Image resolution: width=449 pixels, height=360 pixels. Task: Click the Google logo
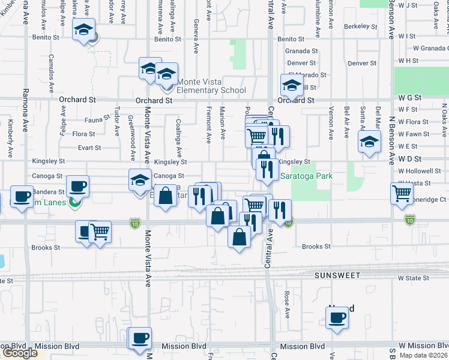(20, 353)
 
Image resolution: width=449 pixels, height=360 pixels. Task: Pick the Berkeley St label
(361, 28)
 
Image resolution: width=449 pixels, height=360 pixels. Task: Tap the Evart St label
(89, 147)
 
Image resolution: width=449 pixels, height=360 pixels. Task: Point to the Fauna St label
(97, 120)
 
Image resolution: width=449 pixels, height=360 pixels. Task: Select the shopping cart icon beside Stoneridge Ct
(402, 194)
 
